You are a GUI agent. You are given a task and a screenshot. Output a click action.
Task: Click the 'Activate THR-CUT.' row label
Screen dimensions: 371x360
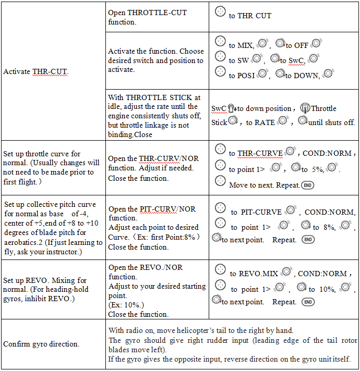click(x=35, y=72)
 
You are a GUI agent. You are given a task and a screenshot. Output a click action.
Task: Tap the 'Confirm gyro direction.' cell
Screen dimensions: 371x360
click(x=41, y=344)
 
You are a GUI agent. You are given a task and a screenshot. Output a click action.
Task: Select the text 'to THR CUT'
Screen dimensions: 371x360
click(x=250, y=16)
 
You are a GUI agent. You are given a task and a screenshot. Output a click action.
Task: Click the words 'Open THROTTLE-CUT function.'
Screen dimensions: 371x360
click(x=147, y=17)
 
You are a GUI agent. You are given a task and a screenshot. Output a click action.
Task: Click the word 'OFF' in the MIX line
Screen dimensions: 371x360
click(x=301, y=45)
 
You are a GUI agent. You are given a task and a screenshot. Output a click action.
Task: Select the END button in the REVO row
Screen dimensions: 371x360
click(x=308, y=302)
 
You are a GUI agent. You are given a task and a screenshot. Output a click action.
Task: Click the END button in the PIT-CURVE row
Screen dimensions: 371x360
click(x=308, y=240)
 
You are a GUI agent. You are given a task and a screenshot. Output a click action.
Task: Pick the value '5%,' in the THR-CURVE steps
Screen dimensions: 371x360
click(x=319, y=169)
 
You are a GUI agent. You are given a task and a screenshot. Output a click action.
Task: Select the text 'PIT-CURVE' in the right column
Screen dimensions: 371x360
click(x=261, y=212)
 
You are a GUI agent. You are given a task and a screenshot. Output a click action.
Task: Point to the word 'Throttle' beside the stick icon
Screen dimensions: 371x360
click(x=323, y=108)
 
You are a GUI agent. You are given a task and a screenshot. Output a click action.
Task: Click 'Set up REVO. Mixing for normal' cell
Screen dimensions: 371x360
click(x=45, y=285)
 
